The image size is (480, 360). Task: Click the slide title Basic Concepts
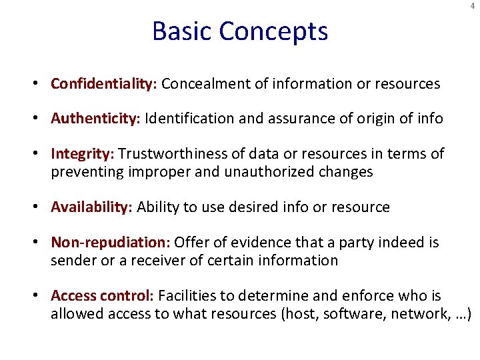pos(240,31)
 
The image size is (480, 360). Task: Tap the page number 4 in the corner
pos(473,6)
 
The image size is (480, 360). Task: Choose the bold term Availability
pos(92,207)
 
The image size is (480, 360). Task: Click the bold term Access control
pos(102,295)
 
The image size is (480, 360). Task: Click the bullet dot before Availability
pos(41,207)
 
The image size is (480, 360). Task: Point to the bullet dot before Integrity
pos(41,154)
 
